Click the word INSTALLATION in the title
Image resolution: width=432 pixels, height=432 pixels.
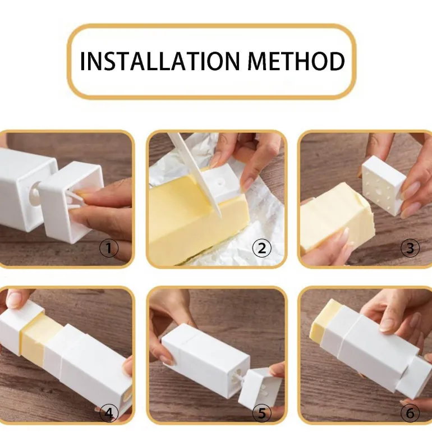click(x=160, y=61)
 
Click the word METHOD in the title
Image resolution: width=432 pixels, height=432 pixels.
click(x=296, y=61)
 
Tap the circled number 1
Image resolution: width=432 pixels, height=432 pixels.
click(x=109, y=248)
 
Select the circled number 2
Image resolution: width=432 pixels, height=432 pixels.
click(x=262, y=248)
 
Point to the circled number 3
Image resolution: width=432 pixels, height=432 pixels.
click(x=410, y=248)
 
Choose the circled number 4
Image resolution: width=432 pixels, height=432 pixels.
click(x=109, y=413)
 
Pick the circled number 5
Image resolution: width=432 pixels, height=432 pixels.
click(x=262, y=413)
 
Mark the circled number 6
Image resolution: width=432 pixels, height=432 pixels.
click(x=410, y=413)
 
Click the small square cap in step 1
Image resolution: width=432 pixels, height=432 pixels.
click(x=71, y=201)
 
